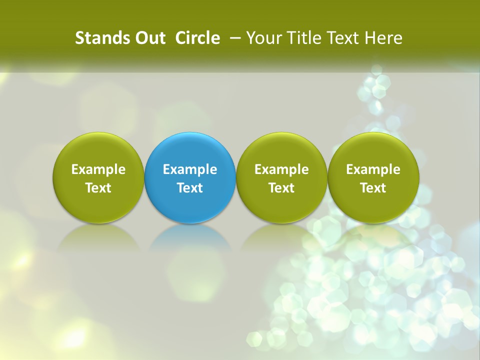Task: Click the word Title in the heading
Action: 303,38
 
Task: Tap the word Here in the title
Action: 383,38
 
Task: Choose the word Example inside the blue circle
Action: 190,169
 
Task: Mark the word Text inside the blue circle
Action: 190,188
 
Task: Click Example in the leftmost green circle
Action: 98,169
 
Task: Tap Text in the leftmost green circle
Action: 98,188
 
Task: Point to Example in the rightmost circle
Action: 373,169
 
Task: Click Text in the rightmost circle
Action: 373,188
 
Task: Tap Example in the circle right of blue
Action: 281,169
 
